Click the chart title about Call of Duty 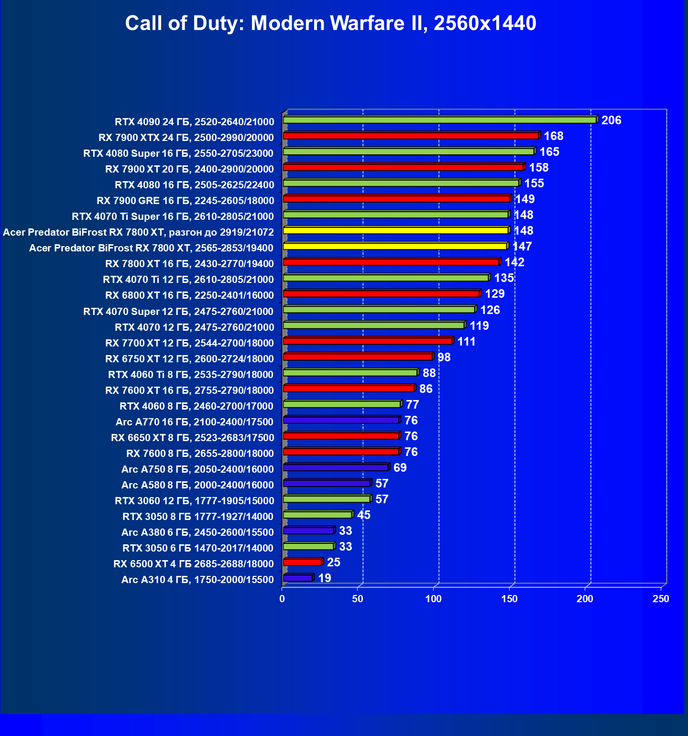click(x=330, y=23)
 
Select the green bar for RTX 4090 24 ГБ click(x=439, y=120)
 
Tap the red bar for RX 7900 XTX click(x=411, y=136)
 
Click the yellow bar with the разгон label click(x=395, y=230)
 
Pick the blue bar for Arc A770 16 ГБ click(x=341, y=420)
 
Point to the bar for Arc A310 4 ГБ click(x=297, y=578)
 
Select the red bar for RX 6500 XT click(x=302, y=563)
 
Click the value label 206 click(x=611, y=120)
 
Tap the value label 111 click(x=466, y=342)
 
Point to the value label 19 click(x=324, y=578)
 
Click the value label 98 click(x=444, y=357)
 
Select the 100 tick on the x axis click(x=434, y=599)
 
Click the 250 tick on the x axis click(x=661, y=599)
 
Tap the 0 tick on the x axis click(x=282, y=599)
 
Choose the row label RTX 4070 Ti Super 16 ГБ click(x=173, y=216)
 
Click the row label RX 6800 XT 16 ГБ click(x=189, y=295)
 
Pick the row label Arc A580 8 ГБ click(x=197, y=485)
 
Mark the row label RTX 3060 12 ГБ click(x=194, y=501)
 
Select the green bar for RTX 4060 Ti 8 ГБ click(x=350, y=373)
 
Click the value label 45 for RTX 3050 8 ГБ click(x=363, y=515)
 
